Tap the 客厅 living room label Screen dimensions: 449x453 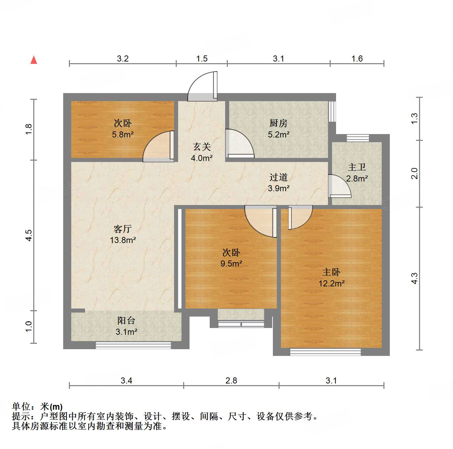[x=122, y=229]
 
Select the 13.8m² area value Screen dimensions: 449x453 [x=123, y=240]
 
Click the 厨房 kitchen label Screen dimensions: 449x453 [x=278, y=123]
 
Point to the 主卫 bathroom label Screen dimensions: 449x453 [x=357, y=167]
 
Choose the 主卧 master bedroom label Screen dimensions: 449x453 [x=331, y=272]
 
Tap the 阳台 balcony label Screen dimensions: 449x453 [x=126, y=321]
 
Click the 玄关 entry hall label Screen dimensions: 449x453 [x=202, y=147]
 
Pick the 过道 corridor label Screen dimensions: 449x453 [x=278, y=177]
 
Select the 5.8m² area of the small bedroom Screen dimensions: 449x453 [x=123, y=134]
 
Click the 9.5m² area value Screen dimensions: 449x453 [x=231, y=263]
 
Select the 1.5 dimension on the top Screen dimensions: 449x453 [x=202, y=59]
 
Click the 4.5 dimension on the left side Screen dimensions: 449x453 [x=29, y=235]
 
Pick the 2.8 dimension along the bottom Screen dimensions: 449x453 [x=231, y=380]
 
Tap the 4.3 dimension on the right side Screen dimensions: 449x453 [x=414, y=278]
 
